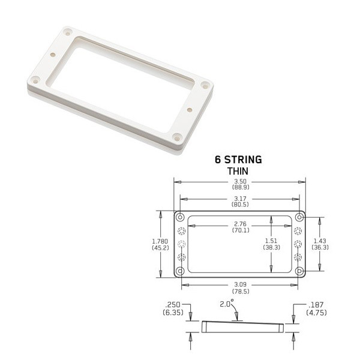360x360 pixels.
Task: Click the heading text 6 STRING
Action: click(x=238, y=160)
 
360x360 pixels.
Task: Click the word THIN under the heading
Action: click(x=238, y=171)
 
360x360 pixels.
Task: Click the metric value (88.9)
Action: click(x=239, y=187)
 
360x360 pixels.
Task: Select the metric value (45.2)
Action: click(x=160, y=247)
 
